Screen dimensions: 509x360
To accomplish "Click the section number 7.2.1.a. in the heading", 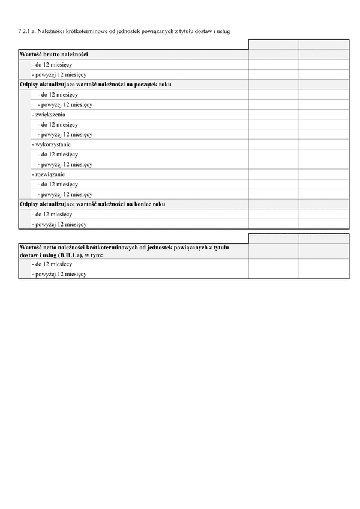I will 28,30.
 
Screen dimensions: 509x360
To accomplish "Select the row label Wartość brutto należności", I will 54,55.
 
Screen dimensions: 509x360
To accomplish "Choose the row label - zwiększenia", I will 49,115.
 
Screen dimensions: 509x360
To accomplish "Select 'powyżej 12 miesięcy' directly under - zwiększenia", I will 65,134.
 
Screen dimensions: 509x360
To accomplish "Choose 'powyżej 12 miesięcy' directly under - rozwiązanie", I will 65,194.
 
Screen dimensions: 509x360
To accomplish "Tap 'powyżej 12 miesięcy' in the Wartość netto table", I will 59,274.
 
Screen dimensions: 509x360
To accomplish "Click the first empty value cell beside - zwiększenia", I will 274,115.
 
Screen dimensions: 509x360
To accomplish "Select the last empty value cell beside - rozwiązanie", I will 323,174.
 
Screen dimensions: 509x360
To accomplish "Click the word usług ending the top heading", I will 223,30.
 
